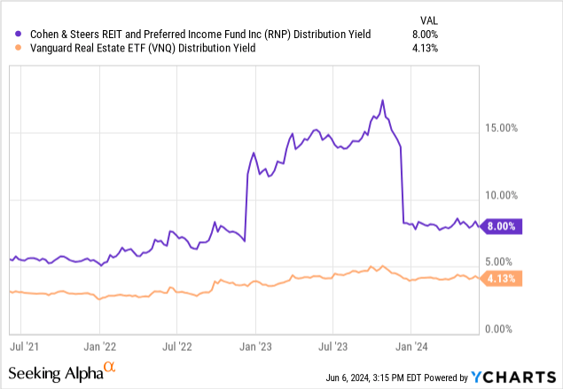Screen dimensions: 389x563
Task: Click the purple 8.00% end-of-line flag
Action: click(504, 226)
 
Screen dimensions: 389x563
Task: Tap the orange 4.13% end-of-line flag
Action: click(504, 278)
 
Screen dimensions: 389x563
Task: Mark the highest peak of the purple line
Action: click(382, 100)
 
